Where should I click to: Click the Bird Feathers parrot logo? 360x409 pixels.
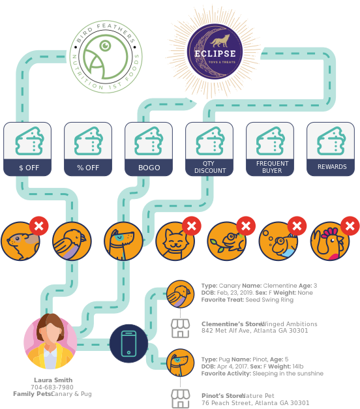(x=106, y=57)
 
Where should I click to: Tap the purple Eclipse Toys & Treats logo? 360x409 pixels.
(x=215, y=52)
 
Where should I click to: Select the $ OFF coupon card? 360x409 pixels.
(x=27, y=149)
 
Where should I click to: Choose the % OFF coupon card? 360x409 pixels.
(x=88, y=149)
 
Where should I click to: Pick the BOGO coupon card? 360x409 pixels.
(x=149, y=149)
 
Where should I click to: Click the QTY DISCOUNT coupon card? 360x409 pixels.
(x=209, y=149)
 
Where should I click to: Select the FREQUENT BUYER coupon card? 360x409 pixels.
(x=270, y=149)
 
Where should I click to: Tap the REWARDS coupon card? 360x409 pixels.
(x=331, y=149)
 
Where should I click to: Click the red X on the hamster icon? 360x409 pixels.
(x=39, y=226)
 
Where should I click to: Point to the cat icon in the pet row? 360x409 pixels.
(x=175, y=241)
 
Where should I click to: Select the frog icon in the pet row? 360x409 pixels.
(x=227, y=241)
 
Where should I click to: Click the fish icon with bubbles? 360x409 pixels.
(x=278, y=241)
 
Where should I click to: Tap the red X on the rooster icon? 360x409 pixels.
(x=350, y=226)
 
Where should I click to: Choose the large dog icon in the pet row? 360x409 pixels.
(x=123, y=241)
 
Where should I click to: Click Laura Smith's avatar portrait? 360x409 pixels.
(x=50, y=341)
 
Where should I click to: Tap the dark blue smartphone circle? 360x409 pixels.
(x=129, y=343)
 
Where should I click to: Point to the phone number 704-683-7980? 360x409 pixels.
(x=52, y=387)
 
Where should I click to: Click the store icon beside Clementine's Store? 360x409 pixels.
(x=180, y=328)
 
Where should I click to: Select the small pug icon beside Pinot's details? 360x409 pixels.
(x=180, y=363)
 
